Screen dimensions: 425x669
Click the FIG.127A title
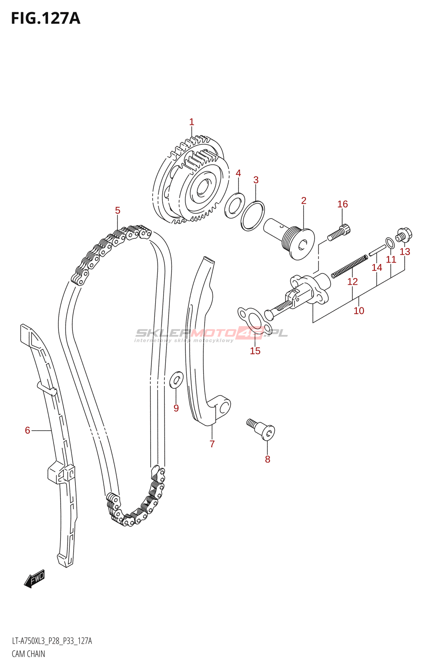pos(46,18)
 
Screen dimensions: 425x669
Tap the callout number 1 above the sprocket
pos(192,122)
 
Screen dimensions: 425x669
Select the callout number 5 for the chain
pos(118,210)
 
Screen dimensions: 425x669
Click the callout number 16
pos(343,204)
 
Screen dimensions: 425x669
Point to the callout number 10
pos(359,311)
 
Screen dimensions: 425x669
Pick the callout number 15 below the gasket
pos(255,351)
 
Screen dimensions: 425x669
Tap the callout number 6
pos(28,430)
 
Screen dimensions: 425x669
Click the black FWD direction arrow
pos(34,579)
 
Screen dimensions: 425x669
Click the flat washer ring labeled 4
pos(235,205)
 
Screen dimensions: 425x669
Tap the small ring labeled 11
pos(390,243)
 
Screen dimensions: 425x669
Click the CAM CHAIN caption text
pos(28,654)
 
